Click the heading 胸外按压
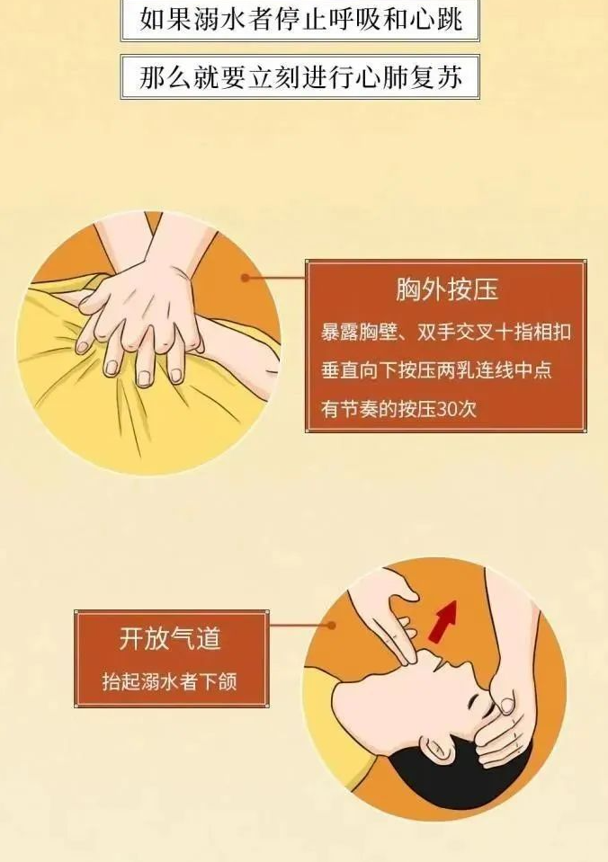(x=446, y=290)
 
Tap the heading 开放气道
(x=170, y=639)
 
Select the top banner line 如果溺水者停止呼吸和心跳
(x=300, y=18)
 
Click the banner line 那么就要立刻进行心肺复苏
(x=300, y=77)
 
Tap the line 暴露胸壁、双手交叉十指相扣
(x=445, y=332)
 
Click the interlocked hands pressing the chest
(x=144, y=315)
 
